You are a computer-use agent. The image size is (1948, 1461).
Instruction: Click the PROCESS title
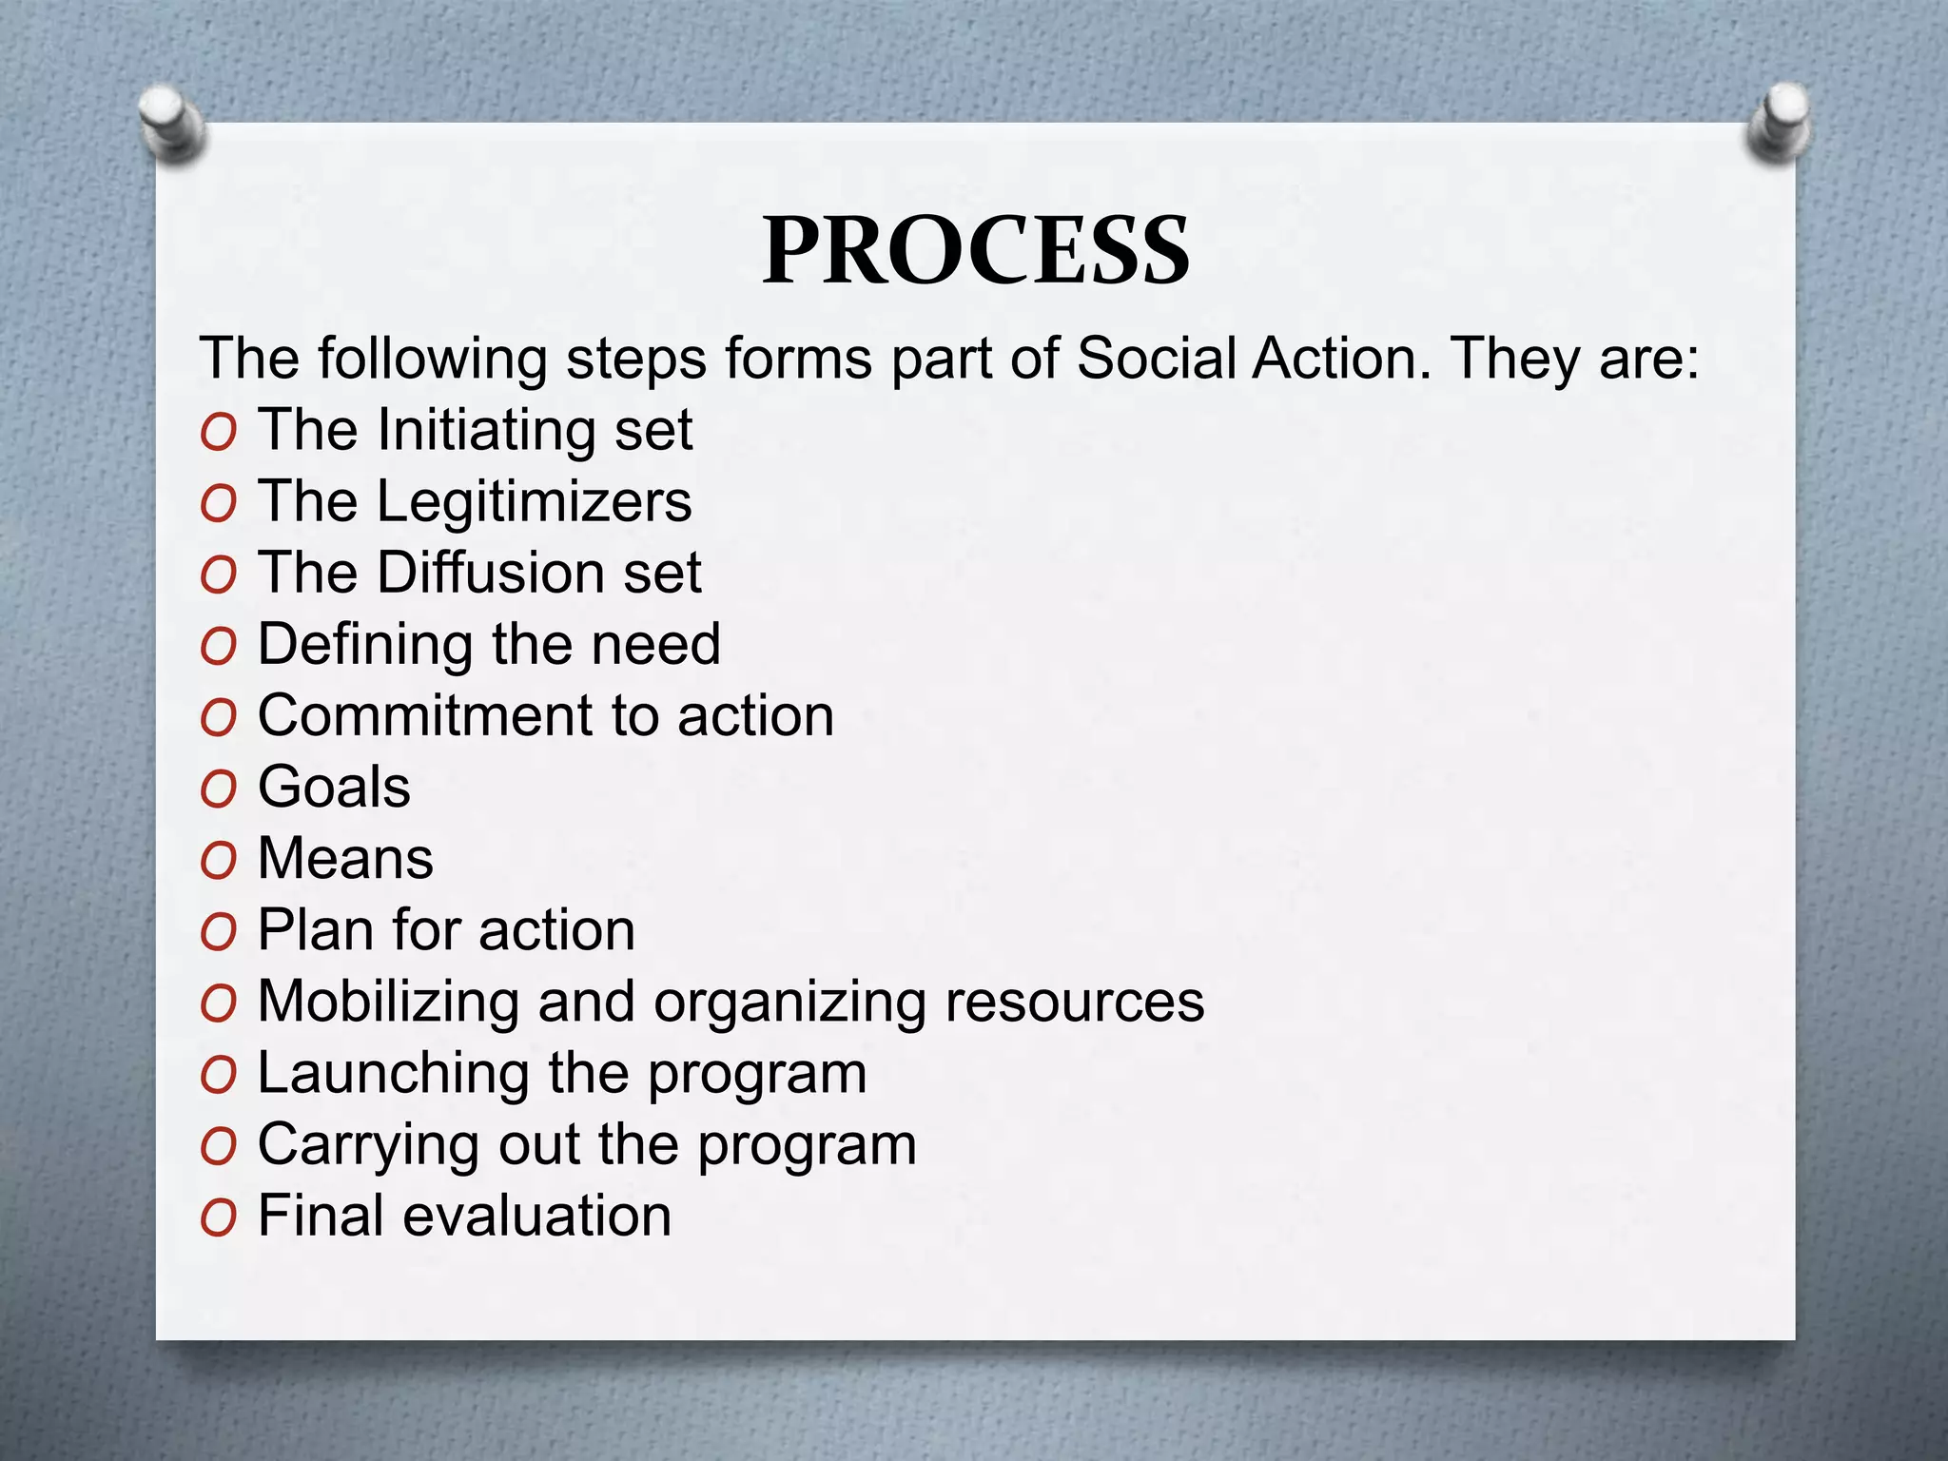(x=975, y=250)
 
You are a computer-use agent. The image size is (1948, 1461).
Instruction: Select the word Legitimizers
(x=534, y=502)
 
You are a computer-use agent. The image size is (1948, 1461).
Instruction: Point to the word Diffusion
(x=491, y=574)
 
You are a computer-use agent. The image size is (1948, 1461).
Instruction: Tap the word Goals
(x=334, y=788)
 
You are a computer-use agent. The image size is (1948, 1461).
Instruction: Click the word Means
(x=345, y=859)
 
